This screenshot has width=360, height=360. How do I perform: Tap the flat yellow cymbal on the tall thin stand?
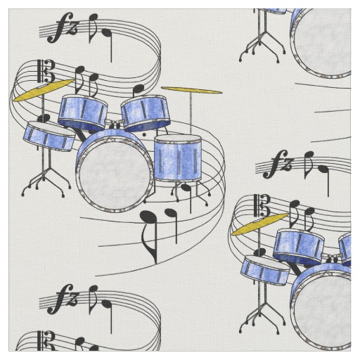(191, 90)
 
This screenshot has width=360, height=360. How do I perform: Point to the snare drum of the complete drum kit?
(49, 136)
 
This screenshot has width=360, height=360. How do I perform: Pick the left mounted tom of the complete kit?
(82, 112)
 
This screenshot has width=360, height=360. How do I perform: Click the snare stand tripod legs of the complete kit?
(46, 181)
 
